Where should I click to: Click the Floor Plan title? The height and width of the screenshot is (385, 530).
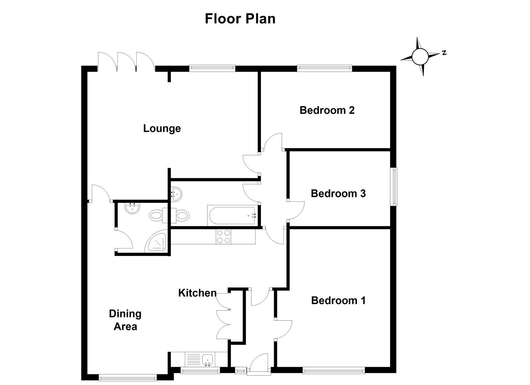240,19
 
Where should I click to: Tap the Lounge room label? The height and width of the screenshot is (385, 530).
162,128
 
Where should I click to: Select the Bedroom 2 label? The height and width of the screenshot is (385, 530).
327,110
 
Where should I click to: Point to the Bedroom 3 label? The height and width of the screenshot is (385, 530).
338,194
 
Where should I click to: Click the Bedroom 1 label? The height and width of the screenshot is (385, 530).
338,301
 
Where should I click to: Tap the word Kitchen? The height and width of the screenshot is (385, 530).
197,293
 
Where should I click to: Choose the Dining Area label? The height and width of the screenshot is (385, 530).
125,320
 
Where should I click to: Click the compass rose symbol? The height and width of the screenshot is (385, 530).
420,56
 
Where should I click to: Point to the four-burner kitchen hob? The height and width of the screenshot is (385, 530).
223,236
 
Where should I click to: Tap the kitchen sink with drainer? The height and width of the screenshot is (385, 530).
199,359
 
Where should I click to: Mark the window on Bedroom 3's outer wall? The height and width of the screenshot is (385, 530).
394,186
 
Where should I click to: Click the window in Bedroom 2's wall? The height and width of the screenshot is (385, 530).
324,67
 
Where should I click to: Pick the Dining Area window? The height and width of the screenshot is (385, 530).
127,377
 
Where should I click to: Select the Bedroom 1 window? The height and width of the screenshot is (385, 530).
334,371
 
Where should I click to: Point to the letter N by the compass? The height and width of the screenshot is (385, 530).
444,53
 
